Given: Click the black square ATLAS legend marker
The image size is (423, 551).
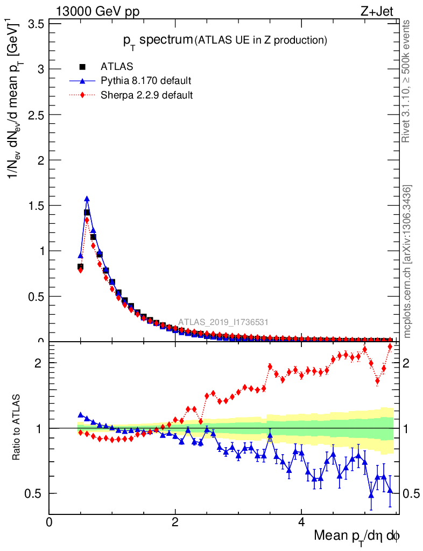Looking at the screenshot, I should (82, 67).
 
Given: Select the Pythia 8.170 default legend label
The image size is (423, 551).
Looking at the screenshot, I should (146, 81).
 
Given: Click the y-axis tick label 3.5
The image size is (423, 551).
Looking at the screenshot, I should (35, 24).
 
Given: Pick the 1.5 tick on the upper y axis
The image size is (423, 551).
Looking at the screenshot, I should (35, 206).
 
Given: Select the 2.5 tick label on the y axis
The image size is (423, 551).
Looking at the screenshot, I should (35, 115).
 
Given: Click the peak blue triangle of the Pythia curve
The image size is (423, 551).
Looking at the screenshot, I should (87, 199).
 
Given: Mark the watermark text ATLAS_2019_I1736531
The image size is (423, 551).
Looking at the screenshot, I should (223, 322).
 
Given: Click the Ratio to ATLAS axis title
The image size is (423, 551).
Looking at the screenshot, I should (18, 428).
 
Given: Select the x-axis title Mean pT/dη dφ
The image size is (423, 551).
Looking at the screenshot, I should (357, 536).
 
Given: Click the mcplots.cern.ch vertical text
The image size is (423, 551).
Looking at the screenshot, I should (407, 261).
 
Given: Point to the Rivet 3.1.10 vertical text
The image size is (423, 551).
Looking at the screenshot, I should (407, 81).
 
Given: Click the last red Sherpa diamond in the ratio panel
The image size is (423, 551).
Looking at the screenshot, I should (390, 346).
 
